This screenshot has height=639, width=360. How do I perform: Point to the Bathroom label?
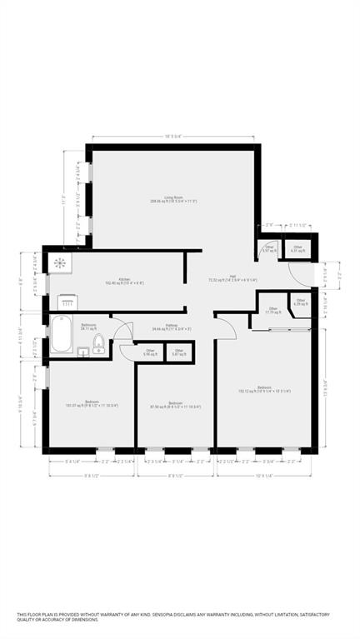click(x=88, y=327)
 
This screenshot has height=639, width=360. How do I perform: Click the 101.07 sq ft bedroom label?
click(x=92, y=404)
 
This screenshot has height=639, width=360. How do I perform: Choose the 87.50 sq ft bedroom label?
click(x=175, y=405)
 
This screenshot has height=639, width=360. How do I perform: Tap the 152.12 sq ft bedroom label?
click(x=264, y=389)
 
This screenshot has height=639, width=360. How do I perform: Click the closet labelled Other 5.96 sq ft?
click(x=151, y=353)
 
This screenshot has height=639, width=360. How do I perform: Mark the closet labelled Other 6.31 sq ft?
click(x=297, y=249)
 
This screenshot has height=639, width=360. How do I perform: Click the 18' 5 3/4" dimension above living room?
click(x=172, y=137)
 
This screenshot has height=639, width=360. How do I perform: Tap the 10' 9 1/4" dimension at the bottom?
click(x=263, y=476)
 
